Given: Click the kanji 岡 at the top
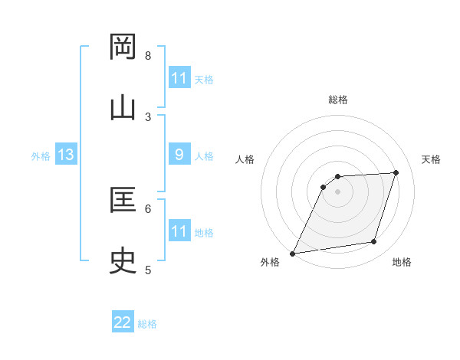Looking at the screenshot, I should (x=123, y=47).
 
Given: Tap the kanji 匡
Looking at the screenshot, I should (x=123, y=201).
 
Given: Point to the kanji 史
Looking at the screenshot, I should (x=123, y=262).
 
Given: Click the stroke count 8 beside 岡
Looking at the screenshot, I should (x=148, y=55).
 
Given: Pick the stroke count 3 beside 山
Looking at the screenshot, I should (x=148, y=116).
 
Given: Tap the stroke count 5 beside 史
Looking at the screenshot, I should (x=148, y=270).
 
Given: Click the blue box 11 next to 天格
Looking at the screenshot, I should (x=179, y=77).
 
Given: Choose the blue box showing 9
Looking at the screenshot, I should (x=179, y=155).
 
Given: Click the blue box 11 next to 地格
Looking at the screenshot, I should (x=179, y=231).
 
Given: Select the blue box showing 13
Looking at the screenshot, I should (x=66, y=155).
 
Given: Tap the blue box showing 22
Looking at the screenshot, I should (x=123, y=322).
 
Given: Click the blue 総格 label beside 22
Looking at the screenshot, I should (x=147, y=324).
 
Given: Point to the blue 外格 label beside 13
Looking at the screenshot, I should (x=41, y=156).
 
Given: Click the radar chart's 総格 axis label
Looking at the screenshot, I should (x=338, y=100).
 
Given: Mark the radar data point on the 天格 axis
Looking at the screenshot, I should (x=396, y=172).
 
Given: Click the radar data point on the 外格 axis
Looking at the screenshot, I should (x=292, y=254).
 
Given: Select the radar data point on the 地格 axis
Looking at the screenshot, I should (x=374, y=242).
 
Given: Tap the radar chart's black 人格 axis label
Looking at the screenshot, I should (x=245, y=159).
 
